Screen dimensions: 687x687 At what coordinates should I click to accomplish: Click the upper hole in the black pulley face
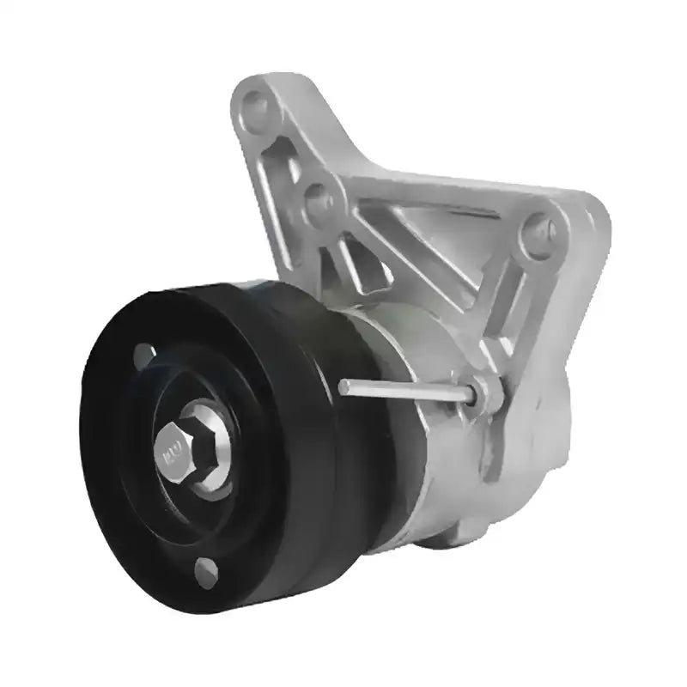coord(144,353)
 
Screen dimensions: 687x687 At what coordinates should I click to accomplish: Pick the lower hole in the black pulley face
coord(205,568)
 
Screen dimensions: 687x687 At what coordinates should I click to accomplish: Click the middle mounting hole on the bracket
coord(319,199)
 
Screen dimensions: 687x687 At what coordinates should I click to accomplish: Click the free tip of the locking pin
coord(343,387)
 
